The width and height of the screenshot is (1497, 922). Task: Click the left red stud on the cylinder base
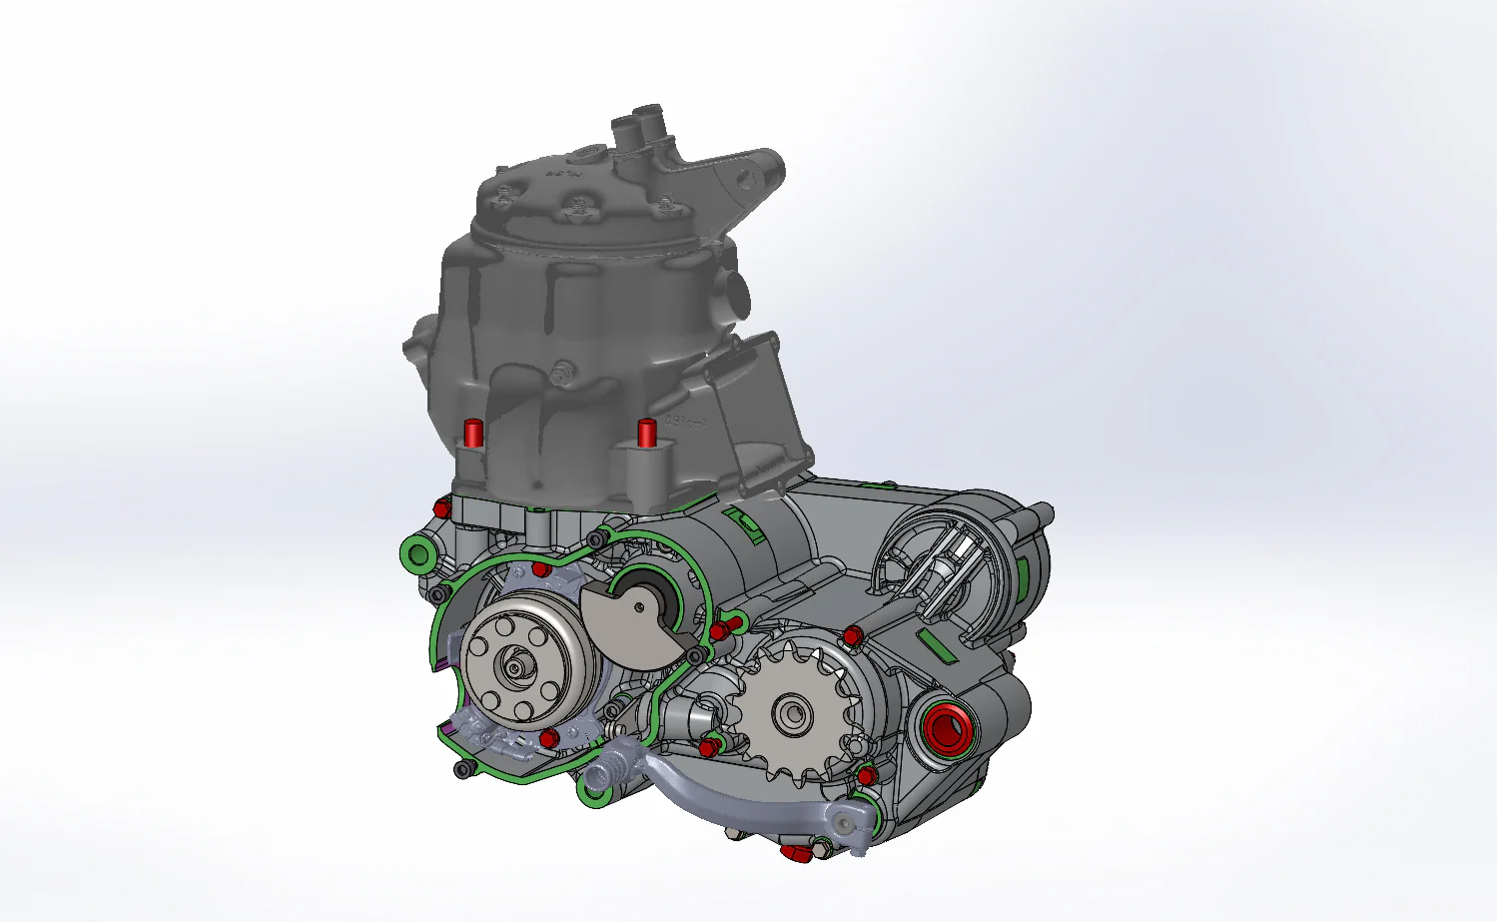pyautogui.click(x=472, y=434)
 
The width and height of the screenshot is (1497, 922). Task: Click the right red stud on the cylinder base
pyautogui.click(x=646, y=433)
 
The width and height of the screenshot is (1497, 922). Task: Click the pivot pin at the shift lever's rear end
pyautogui.click(x=847, y=822)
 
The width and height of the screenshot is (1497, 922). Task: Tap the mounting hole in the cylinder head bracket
pyautogui.click(x=744, y=180)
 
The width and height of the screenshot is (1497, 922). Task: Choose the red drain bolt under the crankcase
pyautogui.click(x=796, y=853)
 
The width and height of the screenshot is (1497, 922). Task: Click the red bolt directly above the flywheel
pyautogui.click(x=540, y=569)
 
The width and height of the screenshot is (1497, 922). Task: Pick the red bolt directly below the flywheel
pyautogui.click(x=547, y=737)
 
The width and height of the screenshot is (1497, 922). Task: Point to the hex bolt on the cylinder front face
pyautogui.click(x=559, y=376)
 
